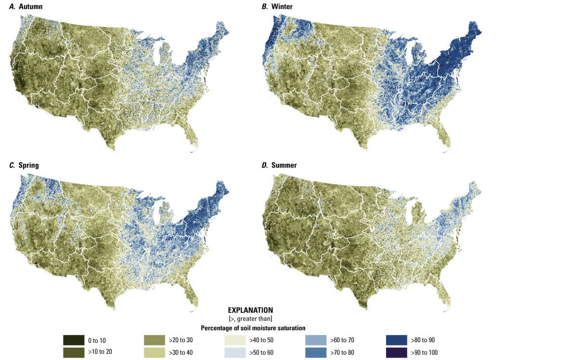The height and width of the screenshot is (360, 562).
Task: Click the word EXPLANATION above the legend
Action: click(250, 310)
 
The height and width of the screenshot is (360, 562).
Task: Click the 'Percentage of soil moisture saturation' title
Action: click(250, 328)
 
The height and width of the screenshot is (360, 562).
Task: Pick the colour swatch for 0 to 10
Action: click(72, 340)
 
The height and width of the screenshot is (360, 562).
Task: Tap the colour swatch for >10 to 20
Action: click(72, 352)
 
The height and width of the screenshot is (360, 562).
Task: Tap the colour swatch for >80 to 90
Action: click(396, 340)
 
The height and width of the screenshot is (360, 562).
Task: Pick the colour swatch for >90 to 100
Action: click(396, 352)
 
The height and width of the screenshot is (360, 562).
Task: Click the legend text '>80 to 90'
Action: click(424, 340)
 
